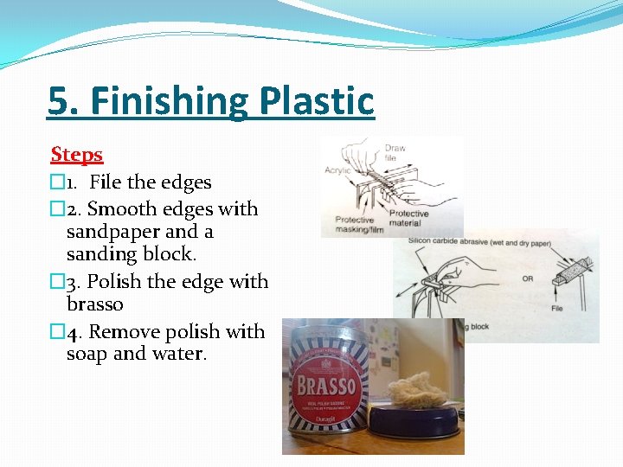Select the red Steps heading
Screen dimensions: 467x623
77,155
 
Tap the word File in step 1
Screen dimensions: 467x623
106,182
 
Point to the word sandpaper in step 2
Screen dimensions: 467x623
112,232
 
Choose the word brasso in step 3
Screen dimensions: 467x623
95,304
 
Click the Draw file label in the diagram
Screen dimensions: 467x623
395,153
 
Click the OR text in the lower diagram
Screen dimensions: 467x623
528,278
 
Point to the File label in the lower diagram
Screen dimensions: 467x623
557,309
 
